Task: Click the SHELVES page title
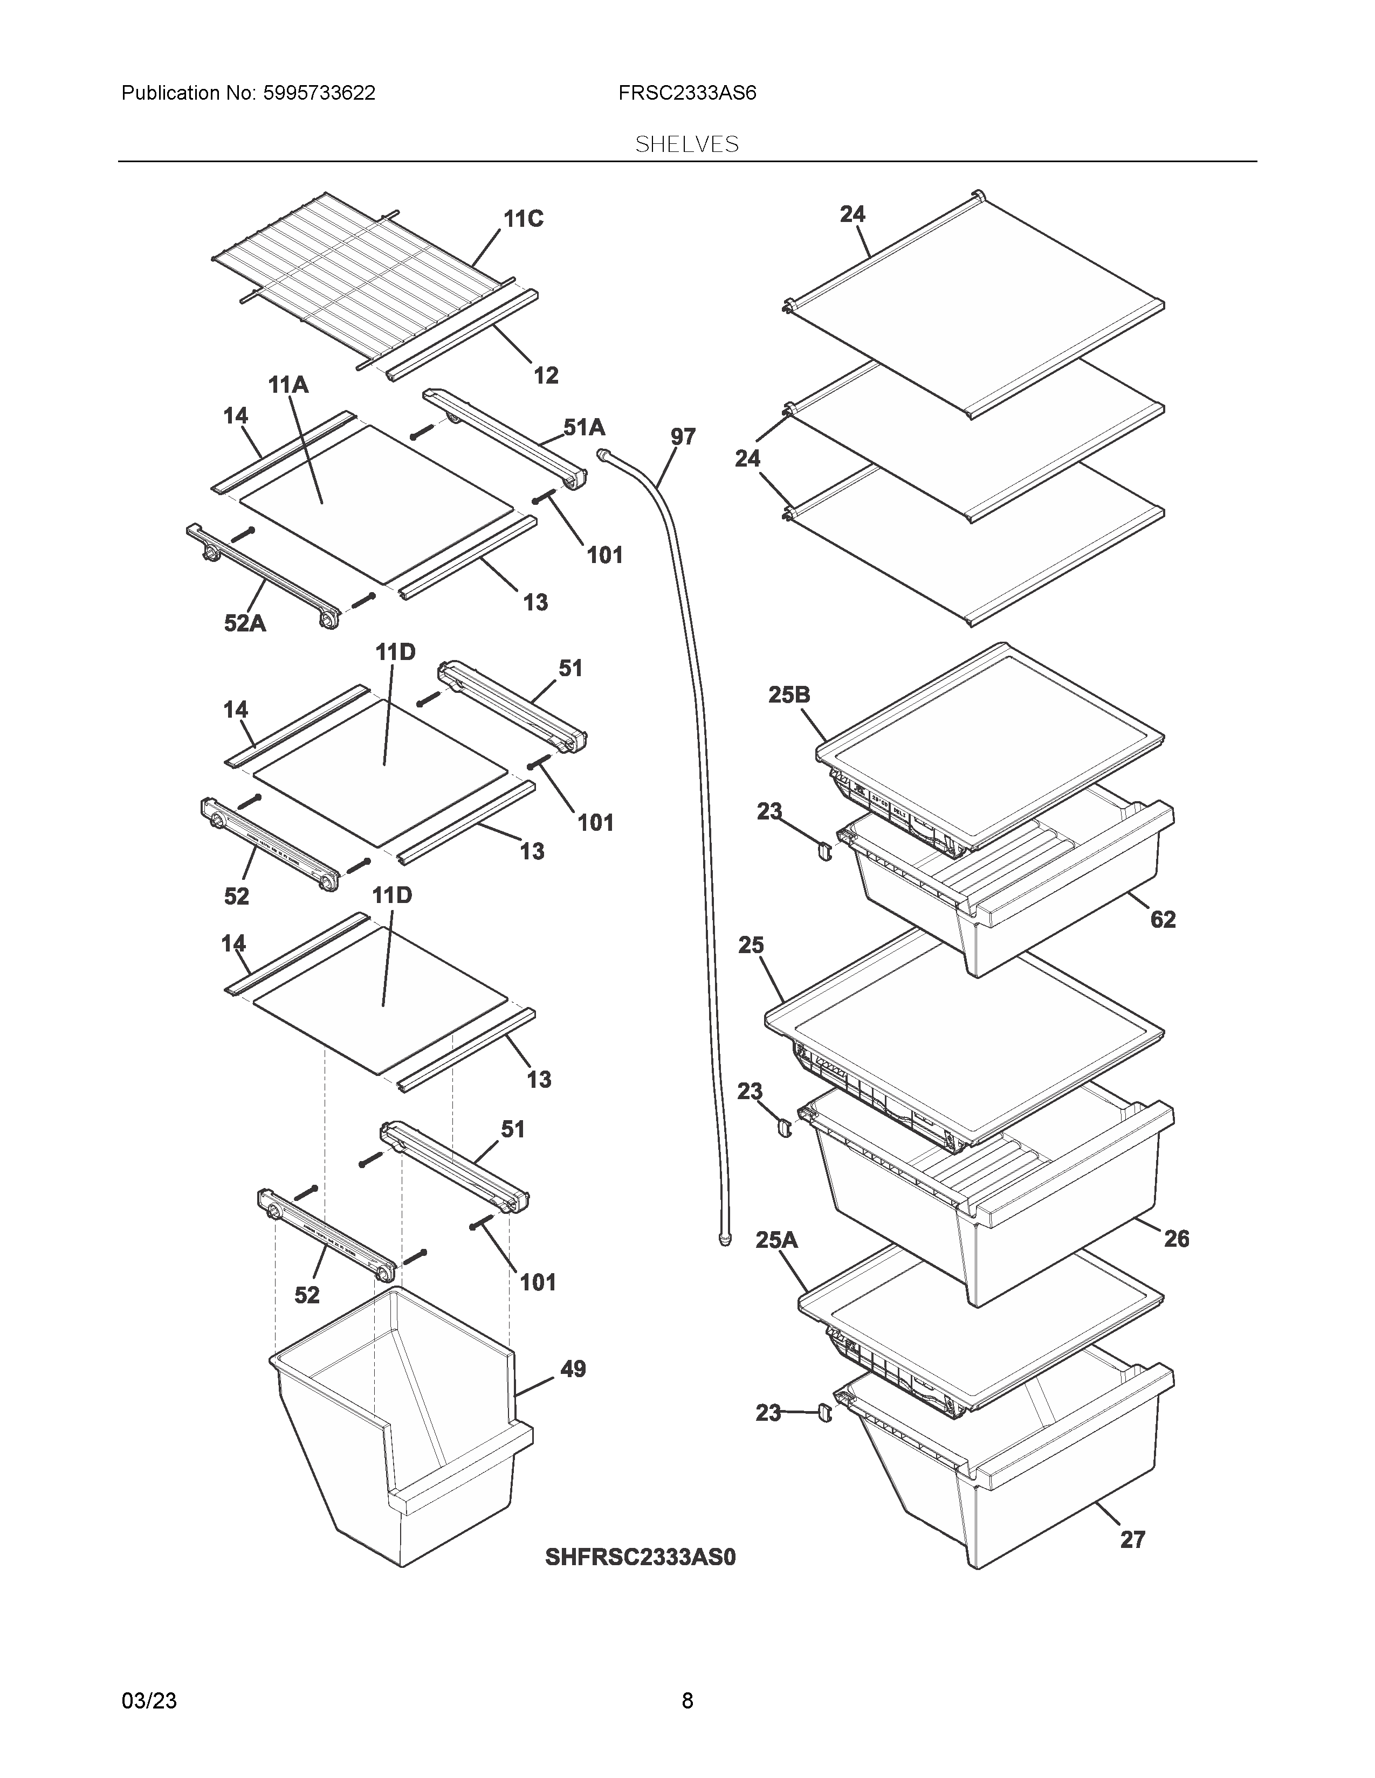[x=686, y=145]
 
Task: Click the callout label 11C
[x=523, y=219]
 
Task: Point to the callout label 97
[x=683, y=437]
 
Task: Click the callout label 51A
[x=584, y=427]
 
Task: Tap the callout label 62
[x=1163, y=919]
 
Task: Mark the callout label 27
[x=1132, y=1539]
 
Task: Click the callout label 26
[x=1176, y=1238]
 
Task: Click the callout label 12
[x=546, y=376]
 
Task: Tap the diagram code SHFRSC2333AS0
[x=640, y=1557]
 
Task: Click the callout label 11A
[x=288, y=385]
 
